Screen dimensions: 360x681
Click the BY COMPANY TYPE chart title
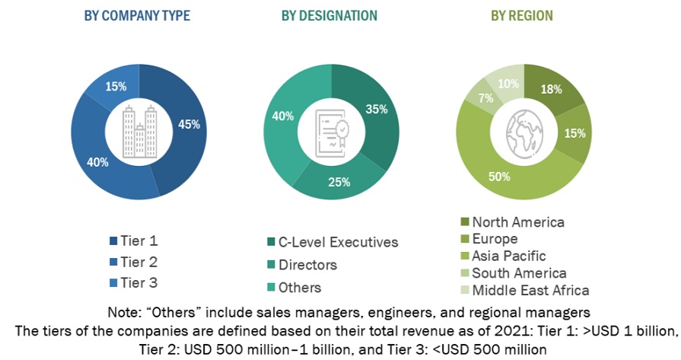click(x=137, y=15)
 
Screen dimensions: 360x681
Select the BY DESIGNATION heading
click(x=329, y=15)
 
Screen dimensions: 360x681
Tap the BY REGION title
click(x=521, y=15)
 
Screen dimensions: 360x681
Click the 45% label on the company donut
click(x=190, y=125)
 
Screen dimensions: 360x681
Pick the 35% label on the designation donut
click(x=376, y=109)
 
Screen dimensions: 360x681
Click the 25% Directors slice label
click(x=340, y=182)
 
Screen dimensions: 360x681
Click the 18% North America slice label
click(x=551, y=89)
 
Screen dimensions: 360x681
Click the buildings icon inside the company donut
click(x=137, y=131)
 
